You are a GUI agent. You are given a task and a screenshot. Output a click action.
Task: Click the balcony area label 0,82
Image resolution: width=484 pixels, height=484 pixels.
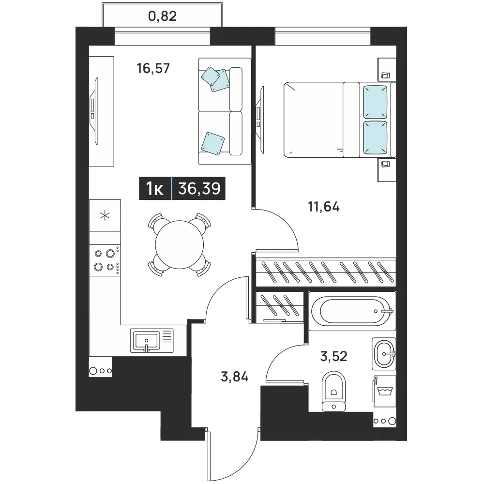click(x=162, y=16)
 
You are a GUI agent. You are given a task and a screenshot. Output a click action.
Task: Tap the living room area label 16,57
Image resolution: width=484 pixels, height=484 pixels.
click(x=153, y=68)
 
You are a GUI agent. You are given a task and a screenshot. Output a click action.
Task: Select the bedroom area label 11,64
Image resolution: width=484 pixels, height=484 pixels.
click(x=323, y=207)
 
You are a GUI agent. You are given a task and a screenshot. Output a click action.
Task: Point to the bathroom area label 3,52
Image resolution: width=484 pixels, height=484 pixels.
click(x=333, y=356)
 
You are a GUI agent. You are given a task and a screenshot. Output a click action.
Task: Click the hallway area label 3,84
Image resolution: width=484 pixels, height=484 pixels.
click(x=235, y=377)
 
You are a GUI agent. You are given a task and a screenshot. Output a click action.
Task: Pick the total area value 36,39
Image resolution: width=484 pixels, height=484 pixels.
click(x=199, y=188)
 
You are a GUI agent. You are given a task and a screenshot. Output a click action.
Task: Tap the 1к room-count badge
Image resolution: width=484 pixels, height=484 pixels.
click(x=155, y=189)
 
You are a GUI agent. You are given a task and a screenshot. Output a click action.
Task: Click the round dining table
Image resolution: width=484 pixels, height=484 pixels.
click(x=180, y=244)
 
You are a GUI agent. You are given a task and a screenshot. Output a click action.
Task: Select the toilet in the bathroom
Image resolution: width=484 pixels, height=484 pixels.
click(x=333, y=391)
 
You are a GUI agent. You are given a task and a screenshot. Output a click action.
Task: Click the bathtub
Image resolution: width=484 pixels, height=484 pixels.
click(x=352, y=311)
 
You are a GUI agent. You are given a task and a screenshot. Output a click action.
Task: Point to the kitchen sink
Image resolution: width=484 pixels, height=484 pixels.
click(x=152, y=341)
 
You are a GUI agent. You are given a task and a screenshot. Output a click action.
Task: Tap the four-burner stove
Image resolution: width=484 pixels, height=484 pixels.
click(x=105, y=260)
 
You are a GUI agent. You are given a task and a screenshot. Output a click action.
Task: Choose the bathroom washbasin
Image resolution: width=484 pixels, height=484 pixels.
click(x=384, y=354)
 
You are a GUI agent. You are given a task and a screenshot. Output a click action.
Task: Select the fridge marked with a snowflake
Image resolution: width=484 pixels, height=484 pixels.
click(x=105, y=215)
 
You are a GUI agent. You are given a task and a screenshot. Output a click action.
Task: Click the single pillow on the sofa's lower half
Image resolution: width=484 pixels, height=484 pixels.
click(x=212, y=144)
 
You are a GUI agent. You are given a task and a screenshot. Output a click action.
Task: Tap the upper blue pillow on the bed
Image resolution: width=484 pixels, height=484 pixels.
click(x=375, y=102)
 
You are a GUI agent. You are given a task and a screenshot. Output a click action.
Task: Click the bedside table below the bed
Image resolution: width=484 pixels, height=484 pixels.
click(x=386, y=170)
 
